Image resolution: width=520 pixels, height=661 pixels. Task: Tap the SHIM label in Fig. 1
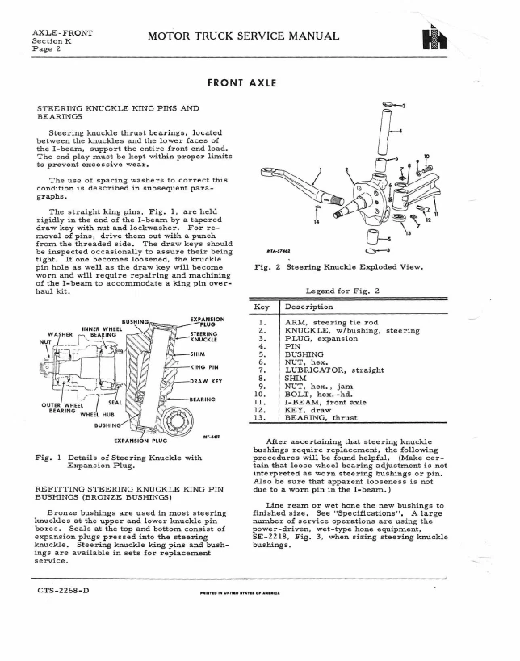tap(198, 354)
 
